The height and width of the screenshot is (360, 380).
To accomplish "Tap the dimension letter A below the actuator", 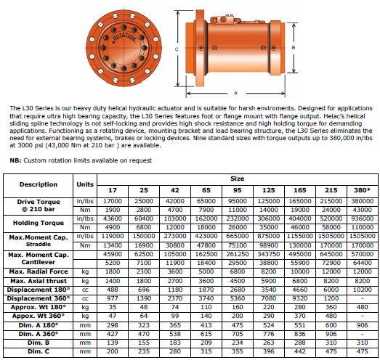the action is pos(236,93).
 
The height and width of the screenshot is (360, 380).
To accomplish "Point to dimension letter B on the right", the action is pos(294,48).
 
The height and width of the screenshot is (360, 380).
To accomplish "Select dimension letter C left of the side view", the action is pos(177,49).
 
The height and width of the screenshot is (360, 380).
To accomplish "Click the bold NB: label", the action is pos(15,160).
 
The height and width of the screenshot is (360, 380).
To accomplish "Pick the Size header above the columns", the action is pos(238,179).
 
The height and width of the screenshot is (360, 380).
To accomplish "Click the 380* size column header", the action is pos(362,190).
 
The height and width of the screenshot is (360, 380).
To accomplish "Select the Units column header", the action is pos(85,184).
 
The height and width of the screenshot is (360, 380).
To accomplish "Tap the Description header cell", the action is pos(39,184).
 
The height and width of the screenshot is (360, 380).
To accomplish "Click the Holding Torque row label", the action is pos(39,223).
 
